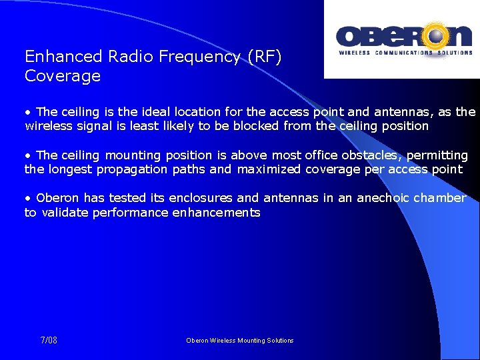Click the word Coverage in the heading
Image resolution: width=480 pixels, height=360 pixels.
click(63, 76)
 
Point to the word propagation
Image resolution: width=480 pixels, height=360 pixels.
click(133, 169)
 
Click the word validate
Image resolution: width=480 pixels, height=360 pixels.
click(63, 213)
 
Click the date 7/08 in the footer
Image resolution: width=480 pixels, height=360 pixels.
click(49, 340)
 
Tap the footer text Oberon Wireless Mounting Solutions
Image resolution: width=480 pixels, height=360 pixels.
click(240, 341)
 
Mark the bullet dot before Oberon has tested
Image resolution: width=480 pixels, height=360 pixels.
click(28, 199)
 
